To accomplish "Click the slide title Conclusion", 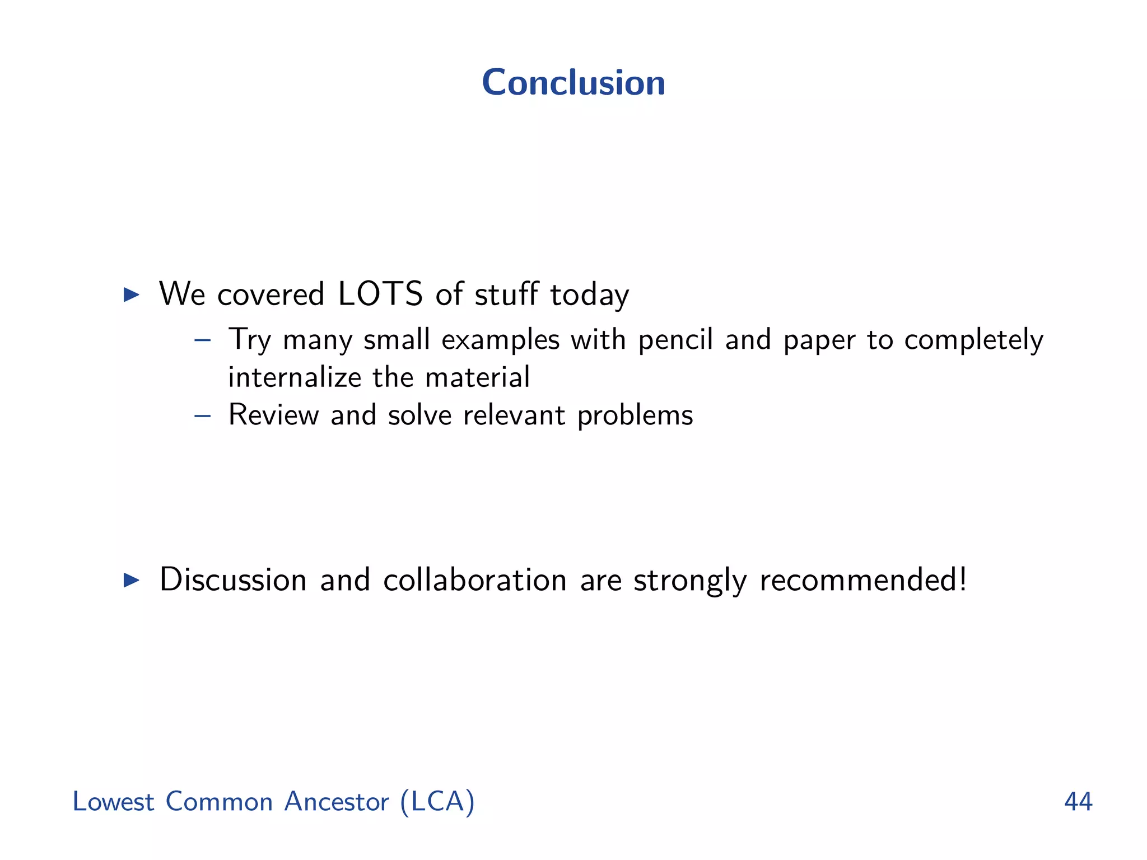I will point(573,83).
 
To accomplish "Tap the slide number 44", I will point(1078,802).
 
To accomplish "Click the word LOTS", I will point(380,294).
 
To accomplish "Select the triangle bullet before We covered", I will point(131,295).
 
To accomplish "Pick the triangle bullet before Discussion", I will point(131,580).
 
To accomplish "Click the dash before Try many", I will point(202,340).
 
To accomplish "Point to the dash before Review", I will point(202,415).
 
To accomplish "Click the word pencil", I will point(675,340).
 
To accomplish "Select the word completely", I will point(974,340).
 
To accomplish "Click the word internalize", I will point(295,377).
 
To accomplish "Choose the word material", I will point(477,377).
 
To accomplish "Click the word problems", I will point(635,416).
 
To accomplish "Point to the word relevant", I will point(514,415).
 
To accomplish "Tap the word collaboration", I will point(475,580).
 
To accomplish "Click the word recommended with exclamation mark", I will point(863,580).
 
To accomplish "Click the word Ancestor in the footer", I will point(336,802).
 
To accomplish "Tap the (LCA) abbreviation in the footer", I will point(437,802).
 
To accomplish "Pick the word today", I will point(590,295).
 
